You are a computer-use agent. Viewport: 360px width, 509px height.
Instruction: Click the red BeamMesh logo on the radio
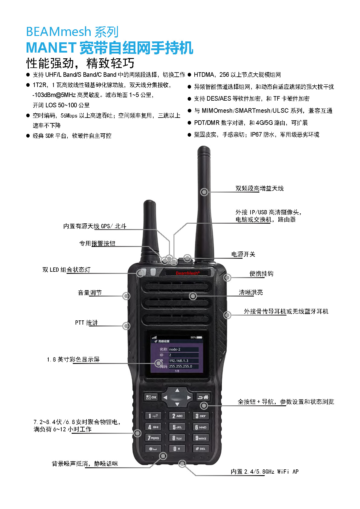187,273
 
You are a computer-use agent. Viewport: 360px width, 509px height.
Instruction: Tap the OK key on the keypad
151,397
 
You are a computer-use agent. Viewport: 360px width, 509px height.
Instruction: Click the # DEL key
200,449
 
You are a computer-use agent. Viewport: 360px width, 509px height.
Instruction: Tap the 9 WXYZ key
201,438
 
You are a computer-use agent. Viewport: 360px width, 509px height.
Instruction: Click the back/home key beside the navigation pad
203,397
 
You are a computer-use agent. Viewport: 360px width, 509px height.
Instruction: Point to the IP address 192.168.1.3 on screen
179,361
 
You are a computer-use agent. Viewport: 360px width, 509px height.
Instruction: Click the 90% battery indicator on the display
196,337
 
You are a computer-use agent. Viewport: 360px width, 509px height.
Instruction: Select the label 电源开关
243,254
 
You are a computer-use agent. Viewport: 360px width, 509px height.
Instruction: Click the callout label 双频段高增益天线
260,188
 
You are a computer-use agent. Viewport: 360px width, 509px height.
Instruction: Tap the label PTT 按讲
86,323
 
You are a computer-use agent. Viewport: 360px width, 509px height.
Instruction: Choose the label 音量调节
90,293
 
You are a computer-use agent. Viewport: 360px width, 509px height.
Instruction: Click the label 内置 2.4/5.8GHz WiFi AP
264,472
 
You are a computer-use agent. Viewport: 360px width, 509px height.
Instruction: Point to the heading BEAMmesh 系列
72,31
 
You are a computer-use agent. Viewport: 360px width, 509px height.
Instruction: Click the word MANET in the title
51,48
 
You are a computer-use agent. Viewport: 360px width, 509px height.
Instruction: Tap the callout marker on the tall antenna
204,192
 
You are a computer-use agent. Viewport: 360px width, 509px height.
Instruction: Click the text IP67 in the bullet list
256,135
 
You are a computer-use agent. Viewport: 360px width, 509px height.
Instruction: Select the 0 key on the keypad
177,449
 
